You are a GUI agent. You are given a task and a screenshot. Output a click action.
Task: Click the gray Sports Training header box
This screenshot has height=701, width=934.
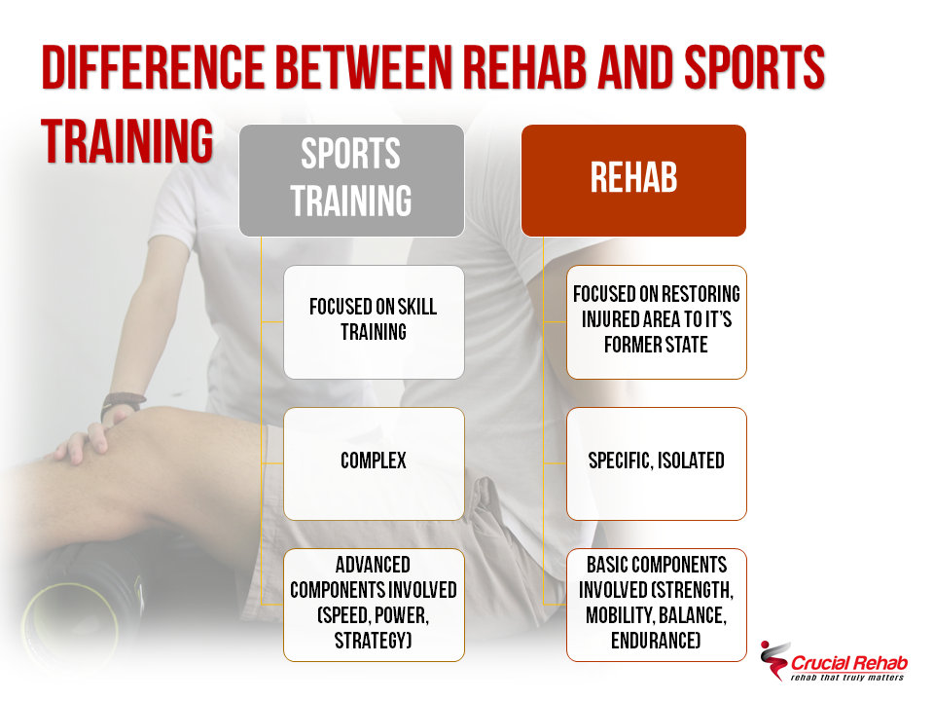pyautogui.click(x=351, y=180)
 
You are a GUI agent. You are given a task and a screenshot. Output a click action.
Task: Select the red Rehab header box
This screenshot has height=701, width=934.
pyautogui.click(x=633, y=180)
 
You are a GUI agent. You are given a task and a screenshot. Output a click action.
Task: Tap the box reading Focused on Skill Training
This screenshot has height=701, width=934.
pyautogui.click(x=374, y=321)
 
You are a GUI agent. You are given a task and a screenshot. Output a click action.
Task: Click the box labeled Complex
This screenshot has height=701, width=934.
pyautogui.click(x=374, y=461)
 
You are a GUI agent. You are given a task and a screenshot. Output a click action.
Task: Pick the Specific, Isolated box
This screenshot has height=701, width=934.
pyautogui.click(x=657, y=461)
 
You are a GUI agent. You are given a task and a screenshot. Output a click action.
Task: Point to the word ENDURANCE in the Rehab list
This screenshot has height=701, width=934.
pyautogui.click(x=657, y=641)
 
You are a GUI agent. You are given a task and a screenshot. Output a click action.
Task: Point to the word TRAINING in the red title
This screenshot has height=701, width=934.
pyautogui.click(x=127, y=142)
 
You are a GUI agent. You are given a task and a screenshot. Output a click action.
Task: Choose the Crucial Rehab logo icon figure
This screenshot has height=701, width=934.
pyautogui.click(x=774, y=657)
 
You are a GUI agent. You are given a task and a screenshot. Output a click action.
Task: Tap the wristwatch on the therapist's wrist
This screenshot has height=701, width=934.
pyautogui.click(x=124, y=402)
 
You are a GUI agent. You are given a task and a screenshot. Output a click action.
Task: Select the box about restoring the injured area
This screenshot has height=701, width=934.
pyautogui.click(x=657, y=321)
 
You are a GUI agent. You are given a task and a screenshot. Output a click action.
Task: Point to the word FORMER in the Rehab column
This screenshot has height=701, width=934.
pyautogui.click(x=628, y=346)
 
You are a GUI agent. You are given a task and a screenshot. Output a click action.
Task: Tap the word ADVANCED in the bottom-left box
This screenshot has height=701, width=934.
pyautogui.click(x=374, y=565)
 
